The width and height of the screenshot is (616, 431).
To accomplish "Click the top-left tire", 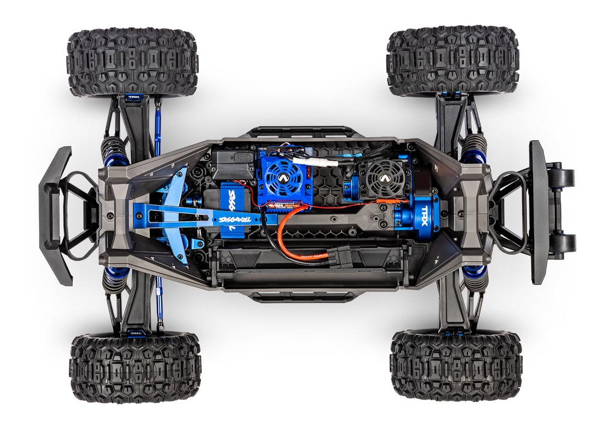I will pyautogui.click(x=132, y=62).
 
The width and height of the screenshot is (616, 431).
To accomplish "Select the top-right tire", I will pyautogui.click(x=452, y=61).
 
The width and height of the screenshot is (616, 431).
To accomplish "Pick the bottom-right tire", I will pyautogui.click(x=455, y=365).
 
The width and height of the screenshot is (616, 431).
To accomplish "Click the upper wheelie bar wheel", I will pyautogui.click(x=564, y=178).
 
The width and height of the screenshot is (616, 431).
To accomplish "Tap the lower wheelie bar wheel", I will pyautogui.click(x=564, y=243).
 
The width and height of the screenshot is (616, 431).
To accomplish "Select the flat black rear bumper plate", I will pyautogui.click(x=538, y=212).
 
